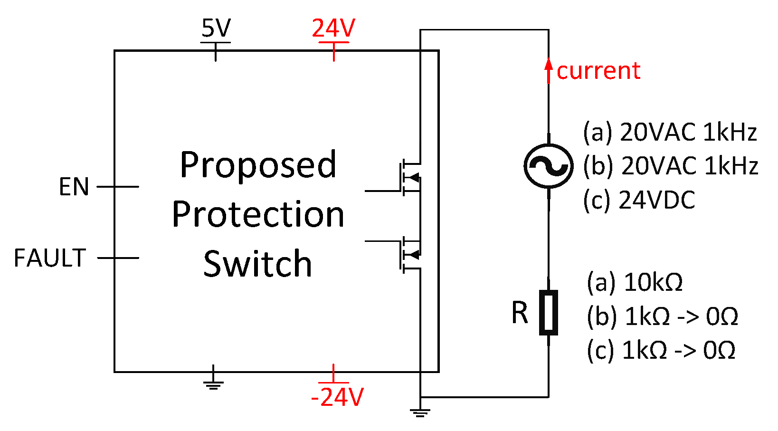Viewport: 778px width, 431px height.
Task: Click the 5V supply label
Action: coord(216,29)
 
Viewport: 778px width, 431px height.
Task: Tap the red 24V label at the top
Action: coord(333,29)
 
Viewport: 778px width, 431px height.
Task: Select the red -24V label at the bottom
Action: coord(337,397)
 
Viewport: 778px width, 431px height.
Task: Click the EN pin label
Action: coord(74,187)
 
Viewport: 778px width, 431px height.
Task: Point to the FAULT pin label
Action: coord(50,258)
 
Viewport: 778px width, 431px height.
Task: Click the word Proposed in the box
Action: coord(258,165)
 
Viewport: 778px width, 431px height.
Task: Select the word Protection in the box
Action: coord(258,214)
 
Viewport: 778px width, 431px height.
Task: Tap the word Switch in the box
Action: coord(258,264)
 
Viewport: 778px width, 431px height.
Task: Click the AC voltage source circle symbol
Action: coord(548,165)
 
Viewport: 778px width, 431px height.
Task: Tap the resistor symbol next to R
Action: coord(549,313)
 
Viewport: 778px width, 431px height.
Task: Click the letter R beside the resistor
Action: coord(520,313)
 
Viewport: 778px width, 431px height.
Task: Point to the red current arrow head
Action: coord(549,64)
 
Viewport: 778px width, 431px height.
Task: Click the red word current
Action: coord(598,71)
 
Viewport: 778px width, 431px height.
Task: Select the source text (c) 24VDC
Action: coord(639,200)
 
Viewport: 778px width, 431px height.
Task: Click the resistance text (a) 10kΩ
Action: coord(635,282)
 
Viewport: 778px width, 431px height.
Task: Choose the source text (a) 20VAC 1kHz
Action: coord(670,132)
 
